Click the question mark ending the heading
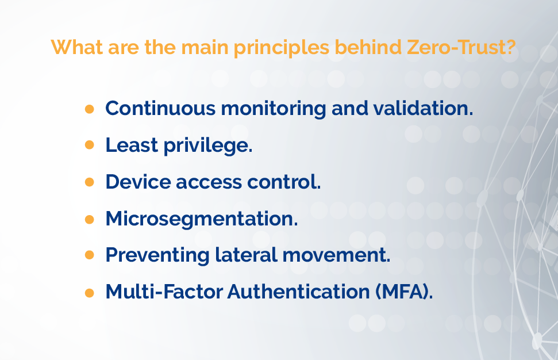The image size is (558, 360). pos(511,47)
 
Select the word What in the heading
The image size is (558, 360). pos(77,47)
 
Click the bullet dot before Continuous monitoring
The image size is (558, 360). pos(89,109)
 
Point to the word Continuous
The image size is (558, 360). pos(160,108)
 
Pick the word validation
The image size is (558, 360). pos(423,108)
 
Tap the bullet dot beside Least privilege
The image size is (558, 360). pos(89,145)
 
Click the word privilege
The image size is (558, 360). pos(208,146)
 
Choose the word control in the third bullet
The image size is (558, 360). pos(284,182)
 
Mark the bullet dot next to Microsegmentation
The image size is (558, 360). pos(89,219)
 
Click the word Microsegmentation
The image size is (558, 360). pos(202,219)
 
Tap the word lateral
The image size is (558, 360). pos(246,255)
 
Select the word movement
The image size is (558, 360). pos(336,255)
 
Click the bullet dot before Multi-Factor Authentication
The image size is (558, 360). pos(89,293)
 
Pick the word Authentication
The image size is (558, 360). pos(299,292)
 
